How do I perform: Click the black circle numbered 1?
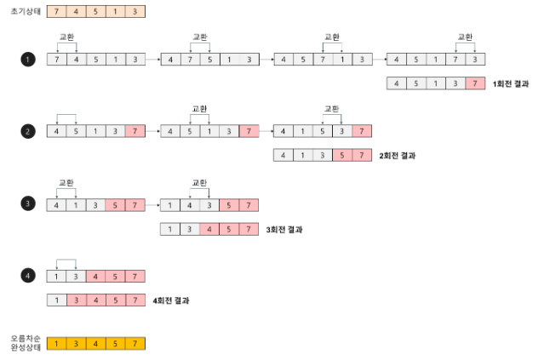click(27, 60)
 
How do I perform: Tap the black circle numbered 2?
click(27, 131)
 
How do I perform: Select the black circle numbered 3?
click(27, 204)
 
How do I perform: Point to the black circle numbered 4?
click(27, 276)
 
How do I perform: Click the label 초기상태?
click(23, 11)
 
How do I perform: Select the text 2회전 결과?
click(398, 156)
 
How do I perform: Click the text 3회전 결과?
click(284, 229)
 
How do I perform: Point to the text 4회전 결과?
click(171, 300)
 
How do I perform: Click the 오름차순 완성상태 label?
click(24, 343)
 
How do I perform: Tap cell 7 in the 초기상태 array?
click(56, 12)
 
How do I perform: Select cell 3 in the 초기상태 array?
click(135, 12)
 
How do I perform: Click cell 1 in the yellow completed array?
click(56, 344)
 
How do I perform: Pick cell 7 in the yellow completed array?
click(135, 344)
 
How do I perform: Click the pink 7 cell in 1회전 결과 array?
click(475, 83)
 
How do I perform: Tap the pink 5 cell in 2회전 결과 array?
click(342, 156)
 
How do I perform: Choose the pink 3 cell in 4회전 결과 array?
click(76, 300)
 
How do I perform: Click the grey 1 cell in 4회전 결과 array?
click(56, 300)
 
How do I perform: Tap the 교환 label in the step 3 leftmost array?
click(66, 182)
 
